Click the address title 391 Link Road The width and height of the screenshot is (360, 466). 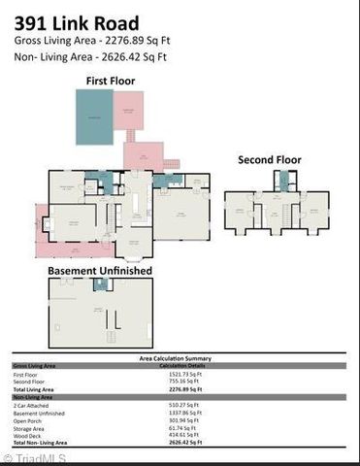click(x=76, y=21)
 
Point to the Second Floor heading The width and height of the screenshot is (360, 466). click(x=269, y=159)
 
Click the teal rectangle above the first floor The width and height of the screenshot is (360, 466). click(x=95, y=117)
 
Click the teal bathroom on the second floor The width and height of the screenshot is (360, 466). click(x=281, y=180)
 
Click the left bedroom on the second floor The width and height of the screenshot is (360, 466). click(x=239, y=211)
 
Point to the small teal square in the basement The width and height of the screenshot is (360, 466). click(x=100, y=284)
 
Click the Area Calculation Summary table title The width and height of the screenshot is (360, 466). click(x=180, y=358)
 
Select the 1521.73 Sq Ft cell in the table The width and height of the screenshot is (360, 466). click(x=184, y=375)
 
